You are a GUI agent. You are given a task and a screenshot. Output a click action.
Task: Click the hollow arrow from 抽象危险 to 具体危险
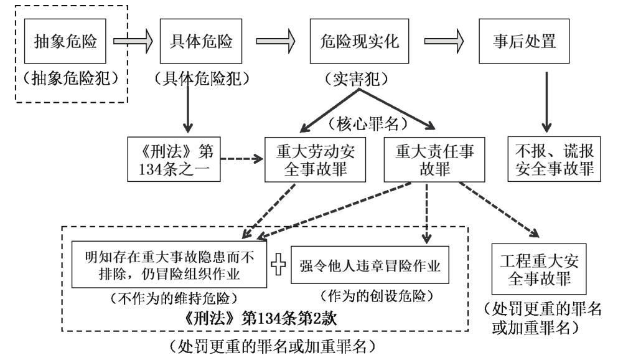click(x=133, y=42)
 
